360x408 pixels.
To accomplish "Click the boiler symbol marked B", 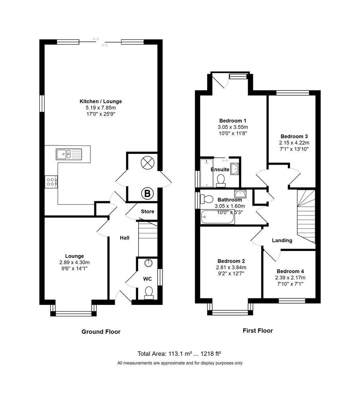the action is [x=147, y=193].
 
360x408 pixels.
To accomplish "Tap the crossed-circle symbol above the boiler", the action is [x=147, y=163].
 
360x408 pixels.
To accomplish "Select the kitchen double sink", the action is [x=69, y=154].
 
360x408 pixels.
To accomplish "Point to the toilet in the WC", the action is [x=149, y=293].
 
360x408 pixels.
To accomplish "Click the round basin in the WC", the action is [x=149, y=263].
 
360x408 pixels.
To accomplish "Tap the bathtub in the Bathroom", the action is [x=218, y=217].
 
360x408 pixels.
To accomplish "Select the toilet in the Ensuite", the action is [x=221, y=180].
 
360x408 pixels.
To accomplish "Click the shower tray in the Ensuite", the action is [x=207, y=173].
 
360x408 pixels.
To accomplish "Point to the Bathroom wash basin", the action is [x=240, y=194].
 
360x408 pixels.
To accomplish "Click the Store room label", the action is [x=147, y=212].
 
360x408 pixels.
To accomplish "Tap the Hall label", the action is [x=125, y=238].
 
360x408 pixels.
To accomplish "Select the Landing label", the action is [x=282, y=241].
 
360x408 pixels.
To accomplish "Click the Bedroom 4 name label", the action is [x=290, y=271].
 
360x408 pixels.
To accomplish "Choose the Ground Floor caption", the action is [x=101, y=332].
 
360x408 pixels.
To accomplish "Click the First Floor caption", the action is [x=258, y=331].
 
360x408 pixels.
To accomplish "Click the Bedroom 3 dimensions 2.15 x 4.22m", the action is [x=294, y=143].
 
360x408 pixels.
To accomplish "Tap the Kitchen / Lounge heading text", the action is [x=101, y=102].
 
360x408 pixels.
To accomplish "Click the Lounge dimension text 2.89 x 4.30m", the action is [x=74, y=263].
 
